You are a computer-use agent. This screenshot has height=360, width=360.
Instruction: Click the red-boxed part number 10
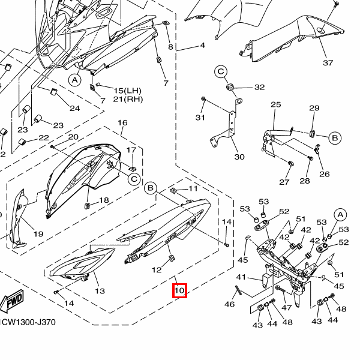click(180, 291)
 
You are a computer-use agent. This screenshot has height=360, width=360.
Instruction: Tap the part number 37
click(328, 63)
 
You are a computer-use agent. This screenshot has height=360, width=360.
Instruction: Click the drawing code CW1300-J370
click(28, 322)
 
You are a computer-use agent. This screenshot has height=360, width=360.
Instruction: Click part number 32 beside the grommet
click(259, 87)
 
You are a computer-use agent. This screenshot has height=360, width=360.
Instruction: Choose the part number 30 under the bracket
click(239, 157)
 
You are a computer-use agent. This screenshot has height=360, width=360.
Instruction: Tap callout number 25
click(275, 104)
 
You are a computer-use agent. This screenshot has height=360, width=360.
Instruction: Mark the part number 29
click(314, 108)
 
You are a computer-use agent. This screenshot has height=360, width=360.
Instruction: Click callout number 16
click(122, 123)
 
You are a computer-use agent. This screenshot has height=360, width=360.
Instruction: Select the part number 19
click(38, 234)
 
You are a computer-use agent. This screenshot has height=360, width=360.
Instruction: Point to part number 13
click(100, 291)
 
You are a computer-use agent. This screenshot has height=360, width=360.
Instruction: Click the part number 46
click(229, 305)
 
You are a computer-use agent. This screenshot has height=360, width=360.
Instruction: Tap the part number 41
click(241, 277)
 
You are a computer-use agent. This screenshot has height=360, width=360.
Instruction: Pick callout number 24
click(74, 109)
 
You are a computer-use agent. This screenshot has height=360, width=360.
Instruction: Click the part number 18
click(104, 200)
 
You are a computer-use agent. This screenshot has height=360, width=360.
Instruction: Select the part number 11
click(193, 188)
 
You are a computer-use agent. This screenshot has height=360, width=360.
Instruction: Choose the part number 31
click(200, 117)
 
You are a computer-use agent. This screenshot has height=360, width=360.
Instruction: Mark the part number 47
click(287, 308)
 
